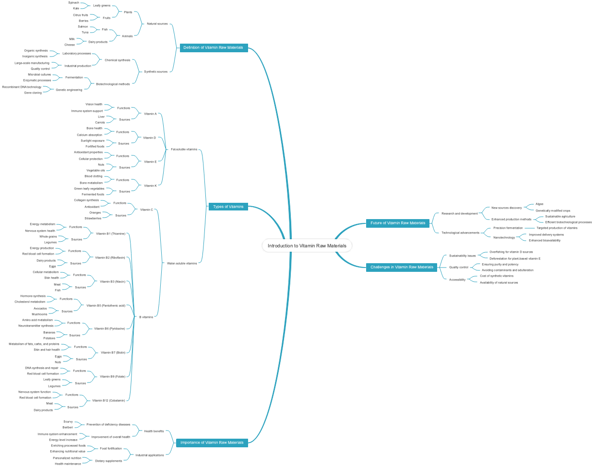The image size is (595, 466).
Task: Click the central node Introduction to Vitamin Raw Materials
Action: (307, 246)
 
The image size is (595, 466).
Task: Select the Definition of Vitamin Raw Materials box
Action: (214, 47)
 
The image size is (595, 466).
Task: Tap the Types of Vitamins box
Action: (228, 207)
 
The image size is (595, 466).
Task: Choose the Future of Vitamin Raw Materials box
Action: (398, 223)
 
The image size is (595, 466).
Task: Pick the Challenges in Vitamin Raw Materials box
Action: (402, 267)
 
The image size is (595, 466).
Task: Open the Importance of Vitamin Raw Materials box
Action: (212, 443)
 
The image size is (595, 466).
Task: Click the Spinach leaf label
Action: (73, 3)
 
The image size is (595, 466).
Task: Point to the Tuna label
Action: (85, 33)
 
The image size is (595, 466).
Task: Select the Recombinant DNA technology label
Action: (22, 87)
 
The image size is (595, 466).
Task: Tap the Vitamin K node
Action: (150, 186)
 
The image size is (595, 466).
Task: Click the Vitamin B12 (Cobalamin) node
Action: (108, 400)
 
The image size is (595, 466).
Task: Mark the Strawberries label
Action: (93, 219)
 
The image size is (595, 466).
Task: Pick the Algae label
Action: (539, 204)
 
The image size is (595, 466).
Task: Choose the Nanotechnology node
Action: (504, 237)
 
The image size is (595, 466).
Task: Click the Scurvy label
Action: (68, 422)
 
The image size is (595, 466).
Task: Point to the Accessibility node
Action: (457, 280)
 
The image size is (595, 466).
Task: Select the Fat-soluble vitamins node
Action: (184, 149)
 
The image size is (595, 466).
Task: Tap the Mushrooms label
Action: (39, 315)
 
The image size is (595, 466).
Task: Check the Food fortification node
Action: (111, 448)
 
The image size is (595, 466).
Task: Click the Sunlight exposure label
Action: (93, 141)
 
